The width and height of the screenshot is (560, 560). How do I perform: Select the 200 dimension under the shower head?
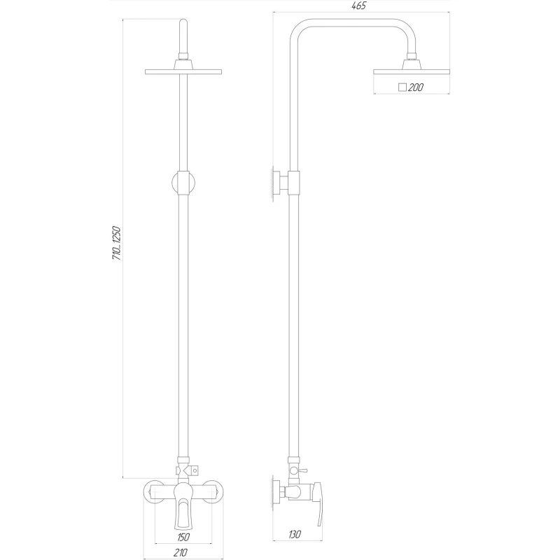tap(414, 87)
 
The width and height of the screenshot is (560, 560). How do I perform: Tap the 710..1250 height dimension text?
tap(118, 244)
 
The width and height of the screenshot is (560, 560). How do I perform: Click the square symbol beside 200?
tap(402, 87)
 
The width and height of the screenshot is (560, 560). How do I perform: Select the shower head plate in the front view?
tap(184, 71)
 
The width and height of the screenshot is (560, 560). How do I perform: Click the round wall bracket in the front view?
tap(184, 183)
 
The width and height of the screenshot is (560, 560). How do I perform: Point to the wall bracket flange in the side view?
tap(276, 183)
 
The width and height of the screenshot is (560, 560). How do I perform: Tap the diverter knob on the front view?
tap(198, 468)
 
